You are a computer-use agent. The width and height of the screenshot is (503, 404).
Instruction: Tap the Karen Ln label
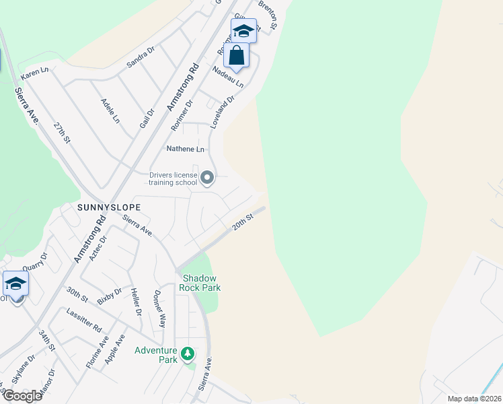[35, 72]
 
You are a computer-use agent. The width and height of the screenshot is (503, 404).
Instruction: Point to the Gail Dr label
[147, 104]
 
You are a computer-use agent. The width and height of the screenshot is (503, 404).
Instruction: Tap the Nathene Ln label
[186, 149]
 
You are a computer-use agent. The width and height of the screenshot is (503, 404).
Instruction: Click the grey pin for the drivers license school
[208, 178]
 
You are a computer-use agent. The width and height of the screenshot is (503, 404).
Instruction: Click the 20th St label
[242, 223]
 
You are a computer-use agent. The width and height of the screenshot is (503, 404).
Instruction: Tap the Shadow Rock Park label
[200, 283]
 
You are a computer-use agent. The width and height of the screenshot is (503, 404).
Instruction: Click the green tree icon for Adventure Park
[189, 353]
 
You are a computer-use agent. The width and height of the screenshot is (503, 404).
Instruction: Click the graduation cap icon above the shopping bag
[243, 30]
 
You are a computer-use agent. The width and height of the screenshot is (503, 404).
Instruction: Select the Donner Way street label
[159, 309]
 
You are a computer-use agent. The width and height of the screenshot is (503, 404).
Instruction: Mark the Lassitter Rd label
[84, 321]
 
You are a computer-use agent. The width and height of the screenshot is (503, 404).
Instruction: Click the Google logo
[22, 396]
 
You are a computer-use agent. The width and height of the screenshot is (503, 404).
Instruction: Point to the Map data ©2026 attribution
[473, 399]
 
